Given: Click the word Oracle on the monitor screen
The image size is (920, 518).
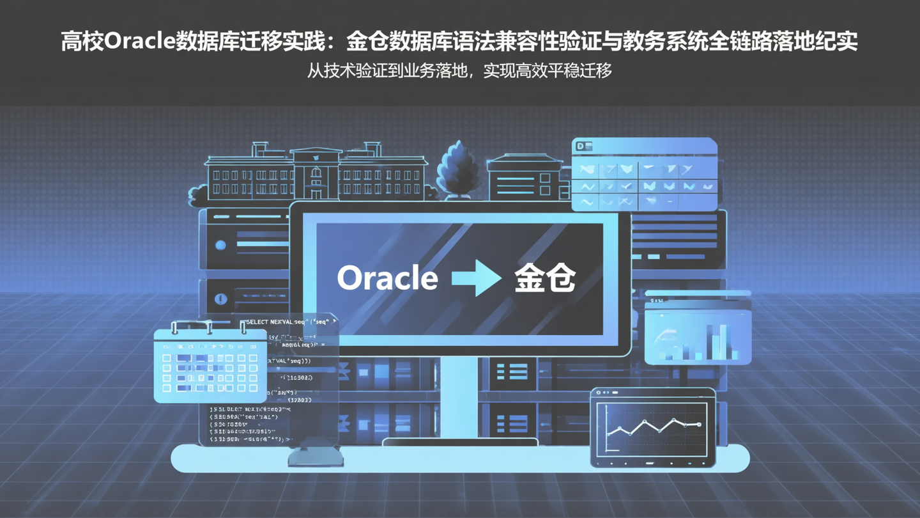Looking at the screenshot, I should [387, 278].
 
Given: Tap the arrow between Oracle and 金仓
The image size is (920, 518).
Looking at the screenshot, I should [476, 278].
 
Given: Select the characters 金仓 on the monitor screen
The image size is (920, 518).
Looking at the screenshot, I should [545, 278].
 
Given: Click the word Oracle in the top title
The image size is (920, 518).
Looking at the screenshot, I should [139, 42].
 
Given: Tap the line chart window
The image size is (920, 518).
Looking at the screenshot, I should [652, 427].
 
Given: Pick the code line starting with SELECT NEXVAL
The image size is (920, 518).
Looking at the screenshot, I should [291, 322].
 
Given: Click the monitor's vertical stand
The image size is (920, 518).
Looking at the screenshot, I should [459, 396].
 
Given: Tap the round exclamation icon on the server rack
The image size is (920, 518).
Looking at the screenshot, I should [221, 299].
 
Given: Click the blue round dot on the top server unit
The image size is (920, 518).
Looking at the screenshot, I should [221, 245].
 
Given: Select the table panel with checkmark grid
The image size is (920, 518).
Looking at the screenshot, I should [644, 175].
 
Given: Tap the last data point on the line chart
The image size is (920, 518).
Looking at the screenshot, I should [700, 424].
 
